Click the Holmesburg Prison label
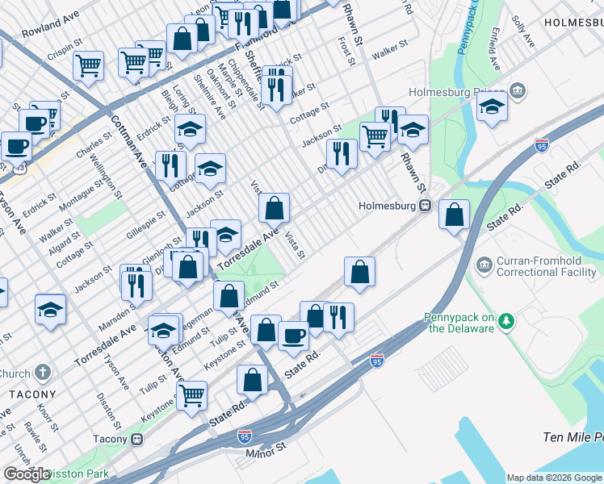click(456, 90)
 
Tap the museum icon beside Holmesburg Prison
click(518, 89)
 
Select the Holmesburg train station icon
click(423, 205)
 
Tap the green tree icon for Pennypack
click(505, 322)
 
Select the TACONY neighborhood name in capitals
click(32, 394)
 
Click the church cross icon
click(43, 373)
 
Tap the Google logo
click(27, 474)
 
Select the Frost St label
click(346, 50)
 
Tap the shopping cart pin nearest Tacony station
click(191, 394)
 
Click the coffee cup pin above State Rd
click(293, 334)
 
